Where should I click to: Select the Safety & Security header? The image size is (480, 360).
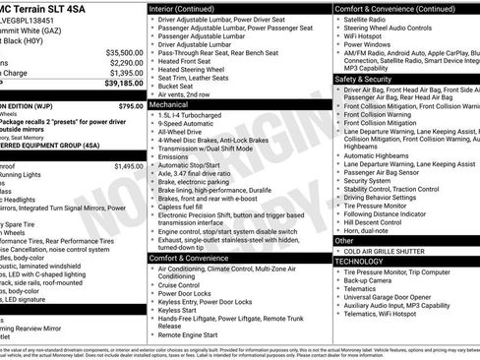tap(364, 79)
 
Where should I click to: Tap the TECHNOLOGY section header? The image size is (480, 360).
tap(360, 262)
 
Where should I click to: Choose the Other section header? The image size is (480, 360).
tap(344, 240)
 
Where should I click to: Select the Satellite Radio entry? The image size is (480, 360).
tap(366, 19)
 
